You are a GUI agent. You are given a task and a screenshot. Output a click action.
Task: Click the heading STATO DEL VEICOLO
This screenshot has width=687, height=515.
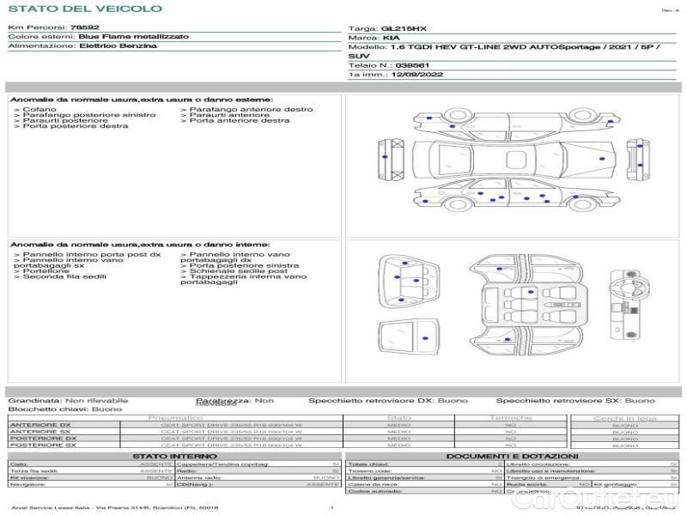tap(85, 9)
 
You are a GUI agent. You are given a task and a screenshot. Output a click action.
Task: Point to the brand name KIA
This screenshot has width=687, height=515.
tap(391, 39)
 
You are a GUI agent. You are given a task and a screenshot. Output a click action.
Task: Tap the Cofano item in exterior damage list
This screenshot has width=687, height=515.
tap(40, 110)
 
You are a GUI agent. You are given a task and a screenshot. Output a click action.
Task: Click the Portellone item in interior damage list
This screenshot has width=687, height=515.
tap(44, 271)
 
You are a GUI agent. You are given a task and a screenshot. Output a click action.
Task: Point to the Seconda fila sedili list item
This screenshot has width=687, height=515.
tap(64, 277)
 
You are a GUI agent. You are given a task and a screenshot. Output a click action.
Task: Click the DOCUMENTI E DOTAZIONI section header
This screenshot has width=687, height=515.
tap(512, 457)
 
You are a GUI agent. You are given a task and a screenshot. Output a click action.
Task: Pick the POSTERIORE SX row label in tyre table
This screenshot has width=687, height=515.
tap(42, 445)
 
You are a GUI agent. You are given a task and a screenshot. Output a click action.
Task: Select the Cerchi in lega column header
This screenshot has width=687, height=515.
tap(624, 418)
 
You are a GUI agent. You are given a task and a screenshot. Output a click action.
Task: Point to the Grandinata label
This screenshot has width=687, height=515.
tap(34, 401)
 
